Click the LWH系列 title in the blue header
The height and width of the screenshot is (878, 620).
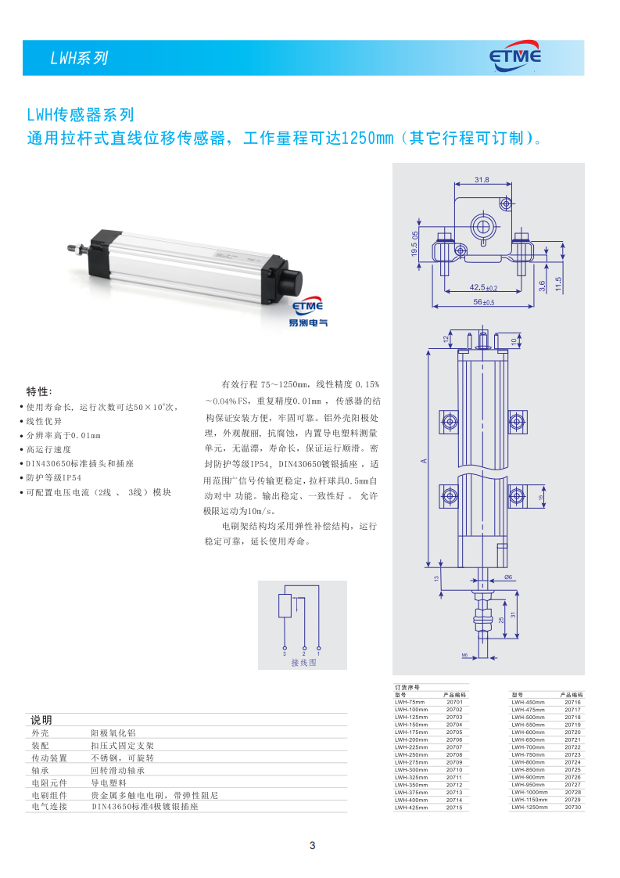pos(78,58)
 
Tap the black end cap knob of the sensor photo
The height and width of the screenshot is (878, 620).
pos(290,279)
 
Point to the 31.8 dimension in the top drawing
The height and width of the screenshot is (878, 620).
pos(482,180)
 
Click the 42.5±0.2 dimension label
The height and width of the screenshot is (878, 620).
pos(483,287)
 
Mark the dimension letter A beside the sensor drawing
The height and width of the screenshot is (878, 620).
pos(424,461)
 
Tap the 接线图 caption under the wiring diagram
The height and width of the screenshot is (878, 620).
pos(303,662)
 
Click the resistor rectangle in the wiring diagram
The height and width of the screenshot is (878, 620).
pos(285,606)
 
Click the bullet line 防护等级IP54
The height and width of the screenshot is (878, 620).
pos(54,477)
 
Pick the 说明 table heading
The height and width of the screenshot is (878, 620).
pos(41,719)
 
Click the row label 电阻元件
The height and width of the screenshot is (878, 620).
pos(48,782)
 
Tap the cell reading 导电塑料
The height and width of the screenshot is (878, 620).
pos(109,782)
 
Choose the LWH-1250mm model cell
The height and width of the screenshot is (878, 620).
pos(529,807)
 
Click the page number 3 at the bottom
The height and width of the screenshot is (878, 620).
pos(312,845)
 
